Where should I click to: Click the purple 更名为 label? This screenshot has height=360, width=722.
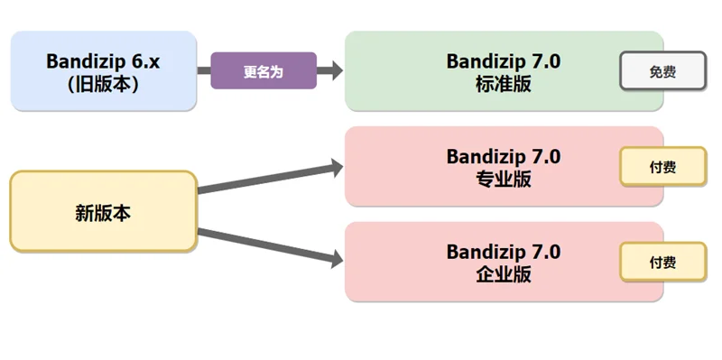(x=264, y=71)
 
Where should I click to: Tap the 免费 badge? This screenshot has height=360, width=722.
(x=662, y=71)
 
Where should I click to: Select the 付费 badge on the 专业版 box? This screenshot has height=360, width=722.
(x=662, y=167)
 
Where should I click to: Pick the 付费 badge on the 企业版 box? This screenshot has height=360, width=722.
(x=662, y=262)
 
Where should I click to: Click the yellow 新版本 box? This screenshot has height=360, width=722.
(x=103, y=212)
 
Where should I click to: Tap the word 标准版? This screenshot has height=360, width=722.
(x=503, y=83)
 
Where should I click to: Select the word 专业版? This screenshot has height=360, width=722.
(x=503, y=179)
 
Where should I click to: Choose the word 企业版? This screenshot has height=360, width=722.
(x=503, y=274)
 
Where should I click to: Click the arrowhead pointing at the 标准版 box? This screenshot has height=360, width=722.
(x=336, y=71)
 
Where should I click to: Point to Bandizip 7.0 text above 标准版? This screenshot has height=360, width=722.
(x=503, y=60)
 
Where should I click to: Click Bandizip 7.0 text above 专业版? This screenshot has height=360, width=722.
(x=503, y=156)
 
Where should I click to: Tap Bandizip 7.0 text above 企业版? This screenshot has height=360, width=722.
(x=503, y=251)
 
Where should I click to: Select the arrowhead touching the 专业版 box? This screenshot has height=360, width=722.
(x=336, y=167)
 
